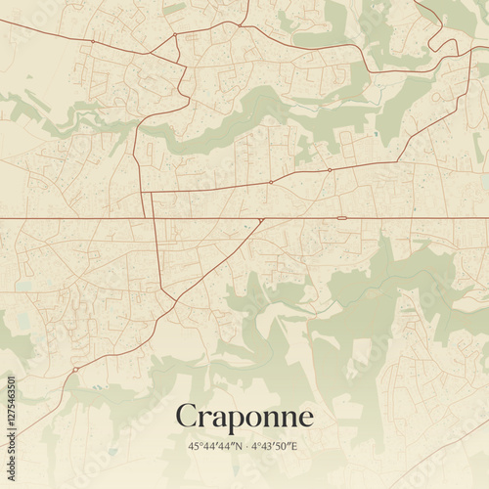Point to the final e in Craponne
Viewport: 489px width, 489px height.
(306, 419)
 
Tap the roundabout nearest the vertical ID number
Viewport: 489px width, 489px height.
(74, 369)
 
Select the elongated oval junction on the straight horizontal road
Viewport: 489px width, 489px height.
(342, 217)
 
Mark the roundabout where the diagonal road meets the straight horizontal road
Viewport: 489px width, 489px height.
(261, 219)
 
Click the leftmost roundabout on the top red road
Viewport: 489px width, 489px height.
(93, 41)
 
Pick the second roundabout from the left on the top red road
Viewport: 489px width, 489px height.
(175, 35)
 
